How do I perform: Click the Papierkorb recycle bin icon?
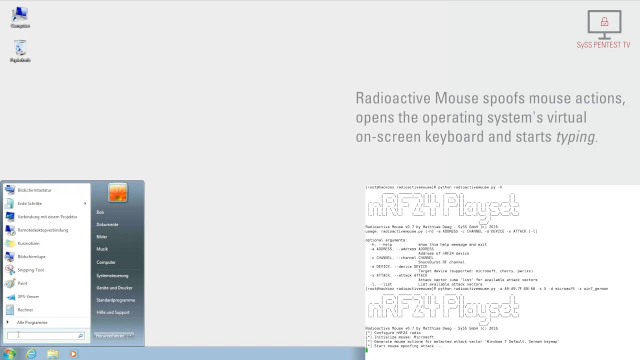tap(20, 49)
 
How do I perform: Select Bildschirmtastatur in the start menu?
tap(34, 190)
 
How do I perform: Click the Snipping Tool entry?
tap(30, 270)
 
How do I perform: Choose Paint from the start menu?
tap(22, 283)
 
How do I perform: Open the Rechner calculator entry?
tap(25, 310)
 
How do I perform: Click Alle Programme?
tap(32, 322)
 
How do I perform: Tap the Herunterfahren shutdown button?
tap(109, 335)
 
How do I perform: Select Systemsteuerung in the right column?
tap(112, 275)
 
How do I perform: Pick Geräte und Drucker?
tap(114, 288)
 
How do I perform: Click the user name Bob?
tap(100, 212)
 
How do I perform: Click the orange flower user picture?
tap(118, 192)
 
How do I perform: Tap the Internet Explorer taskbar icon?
tap(31, 353)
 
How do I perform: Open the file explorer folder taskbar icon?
tap(52, 353)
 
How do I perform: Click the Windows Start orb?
tap(9, 353)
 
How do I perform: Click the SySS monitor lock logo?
tap(604, 23)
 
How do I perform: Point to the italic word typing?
tap(575, 136)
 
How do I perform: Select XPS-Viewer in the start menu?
tap(28, 296)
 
